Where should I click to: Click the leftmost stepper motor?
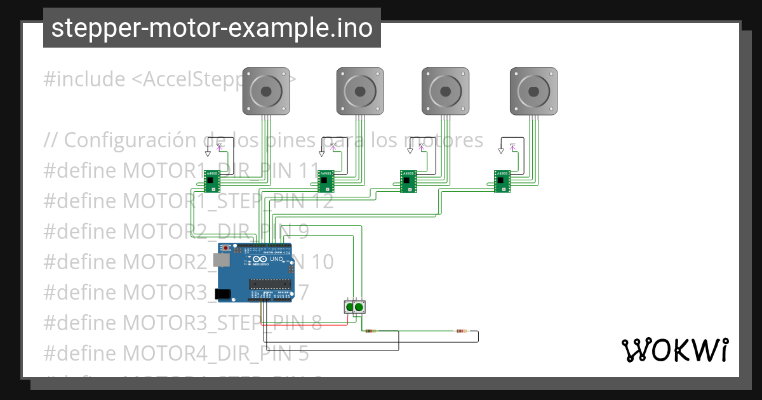click(x=267, y=91)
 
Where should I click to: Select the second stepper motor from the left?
click(x=360, y=91)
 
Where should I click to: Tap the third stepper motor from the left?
click(x=446, y=91)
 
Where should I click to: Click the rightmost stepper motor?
click(x=533, y=91)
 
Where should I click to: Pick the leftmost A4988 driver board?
click(x=211, y=181)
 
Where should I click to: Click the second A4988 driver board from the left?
click(x=326, y=181)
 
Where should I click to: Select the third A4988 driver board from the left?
click(x=408, y=181)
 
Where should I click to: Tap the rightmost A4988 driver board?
click(x=502, y=181)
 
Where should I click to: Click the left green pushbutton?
click(x=349, y=308)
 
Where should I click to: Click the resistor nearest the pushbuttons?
click(x=370, y=331)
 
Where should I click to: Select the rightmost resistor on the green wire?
click(x=462, y=331)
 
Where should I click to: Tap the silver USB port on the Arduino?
click(x=221, y=260)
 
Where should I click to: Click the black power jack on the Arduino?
click(x=222, y=293)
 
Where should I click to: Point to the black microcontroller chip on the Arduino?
click(x=269, y=284)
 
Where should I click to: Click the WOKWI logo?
click(x=674, y=350)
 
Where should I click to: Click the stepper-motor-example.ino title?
click(x=211, y=28)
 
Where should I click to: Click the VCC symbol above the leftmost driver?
click(x=220, y=147)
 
